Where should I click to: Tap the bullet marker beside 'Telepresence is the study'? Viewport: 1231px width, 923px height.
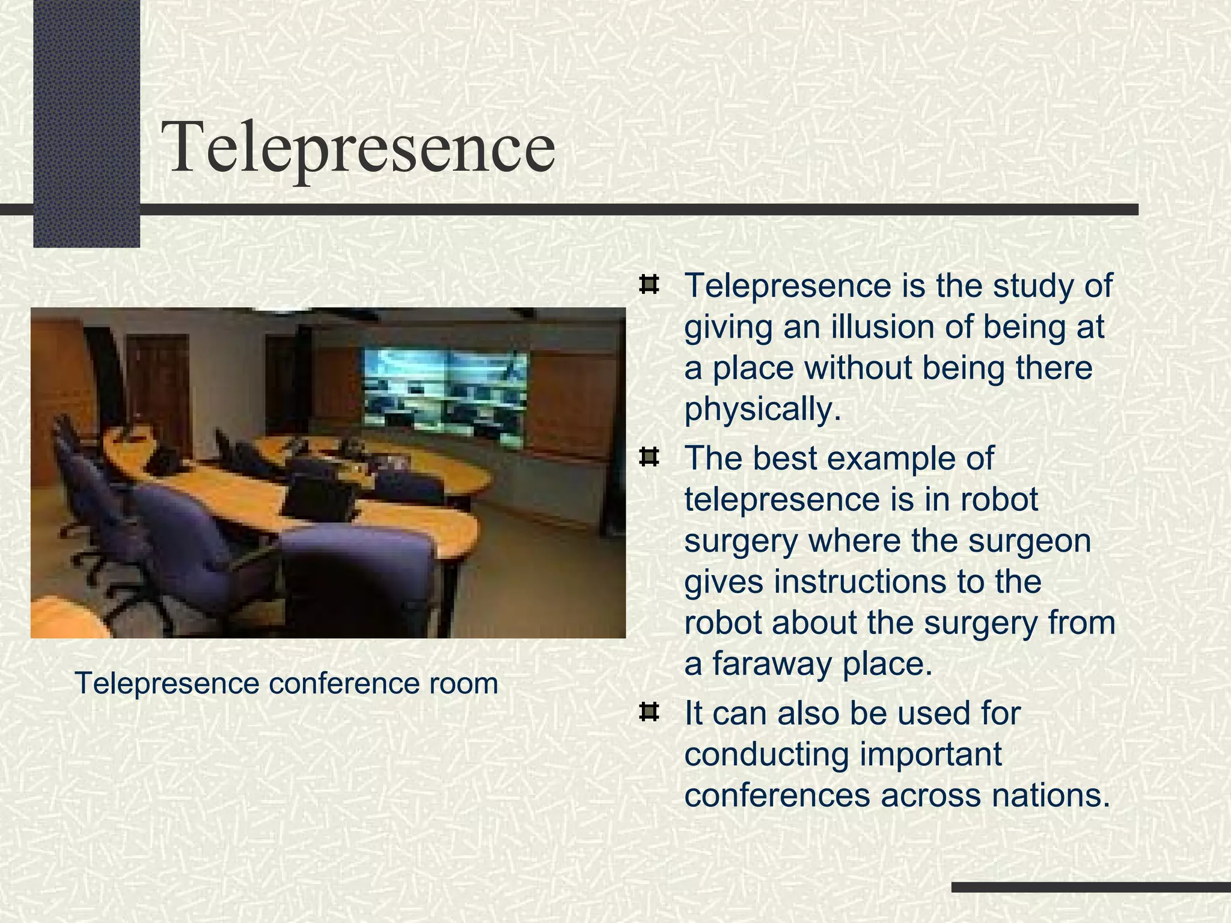click(649, 284)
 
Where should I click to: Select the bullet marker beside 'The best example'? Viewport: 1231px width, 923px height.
click(649, 458)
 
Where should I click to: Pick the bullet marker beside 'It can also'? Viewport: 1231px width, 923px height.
click(649, 713)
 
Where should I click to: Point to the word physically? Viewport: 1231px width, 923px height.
click(762, 409)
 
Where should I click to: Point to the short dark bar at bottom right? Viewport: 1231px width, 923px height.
click(1090, 887)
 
